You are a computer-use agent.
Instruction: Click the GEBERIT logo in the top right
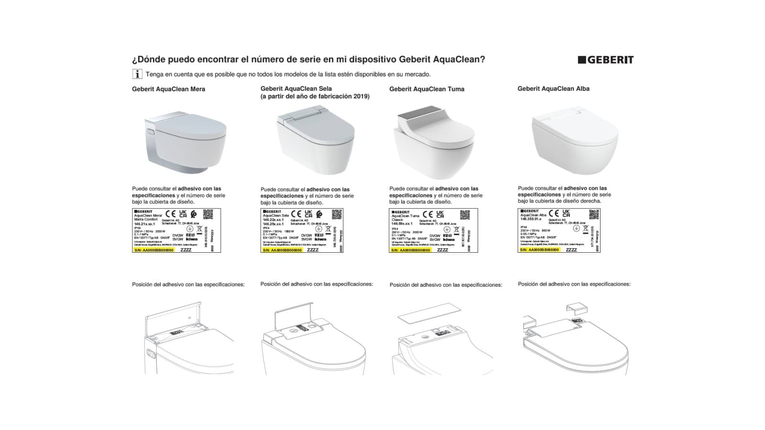pos(606,60)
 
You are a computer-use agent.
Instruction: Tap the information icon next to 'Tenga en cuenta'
pos(137,74)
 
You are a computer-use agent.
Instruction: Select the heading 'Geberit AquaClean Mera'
pos(168,89)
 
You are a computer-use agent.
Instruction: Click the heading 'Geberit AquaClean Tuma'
pos(426,89)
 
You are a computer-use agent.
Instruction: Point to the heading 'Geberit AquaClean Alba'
pos(553,88)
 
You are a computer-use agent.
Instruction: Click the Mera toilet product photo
pos(185,140)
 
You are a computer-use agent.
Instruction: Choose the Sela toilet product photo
pos(315,140)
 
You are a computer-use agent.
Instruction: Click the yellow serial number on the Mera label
pos(154,250)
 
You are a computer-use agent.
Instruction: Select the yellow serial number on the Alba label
pos(539,250)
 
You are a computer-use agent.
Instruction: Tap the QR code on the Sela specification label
pos(337,214)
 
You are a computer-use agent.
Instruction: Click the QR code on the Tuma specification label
pos(465,214)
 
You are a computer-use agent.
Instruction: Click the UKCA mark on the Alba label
pos(566,213)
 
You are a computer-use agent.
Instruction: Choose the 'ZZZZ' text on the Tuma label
pos(443,250)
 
